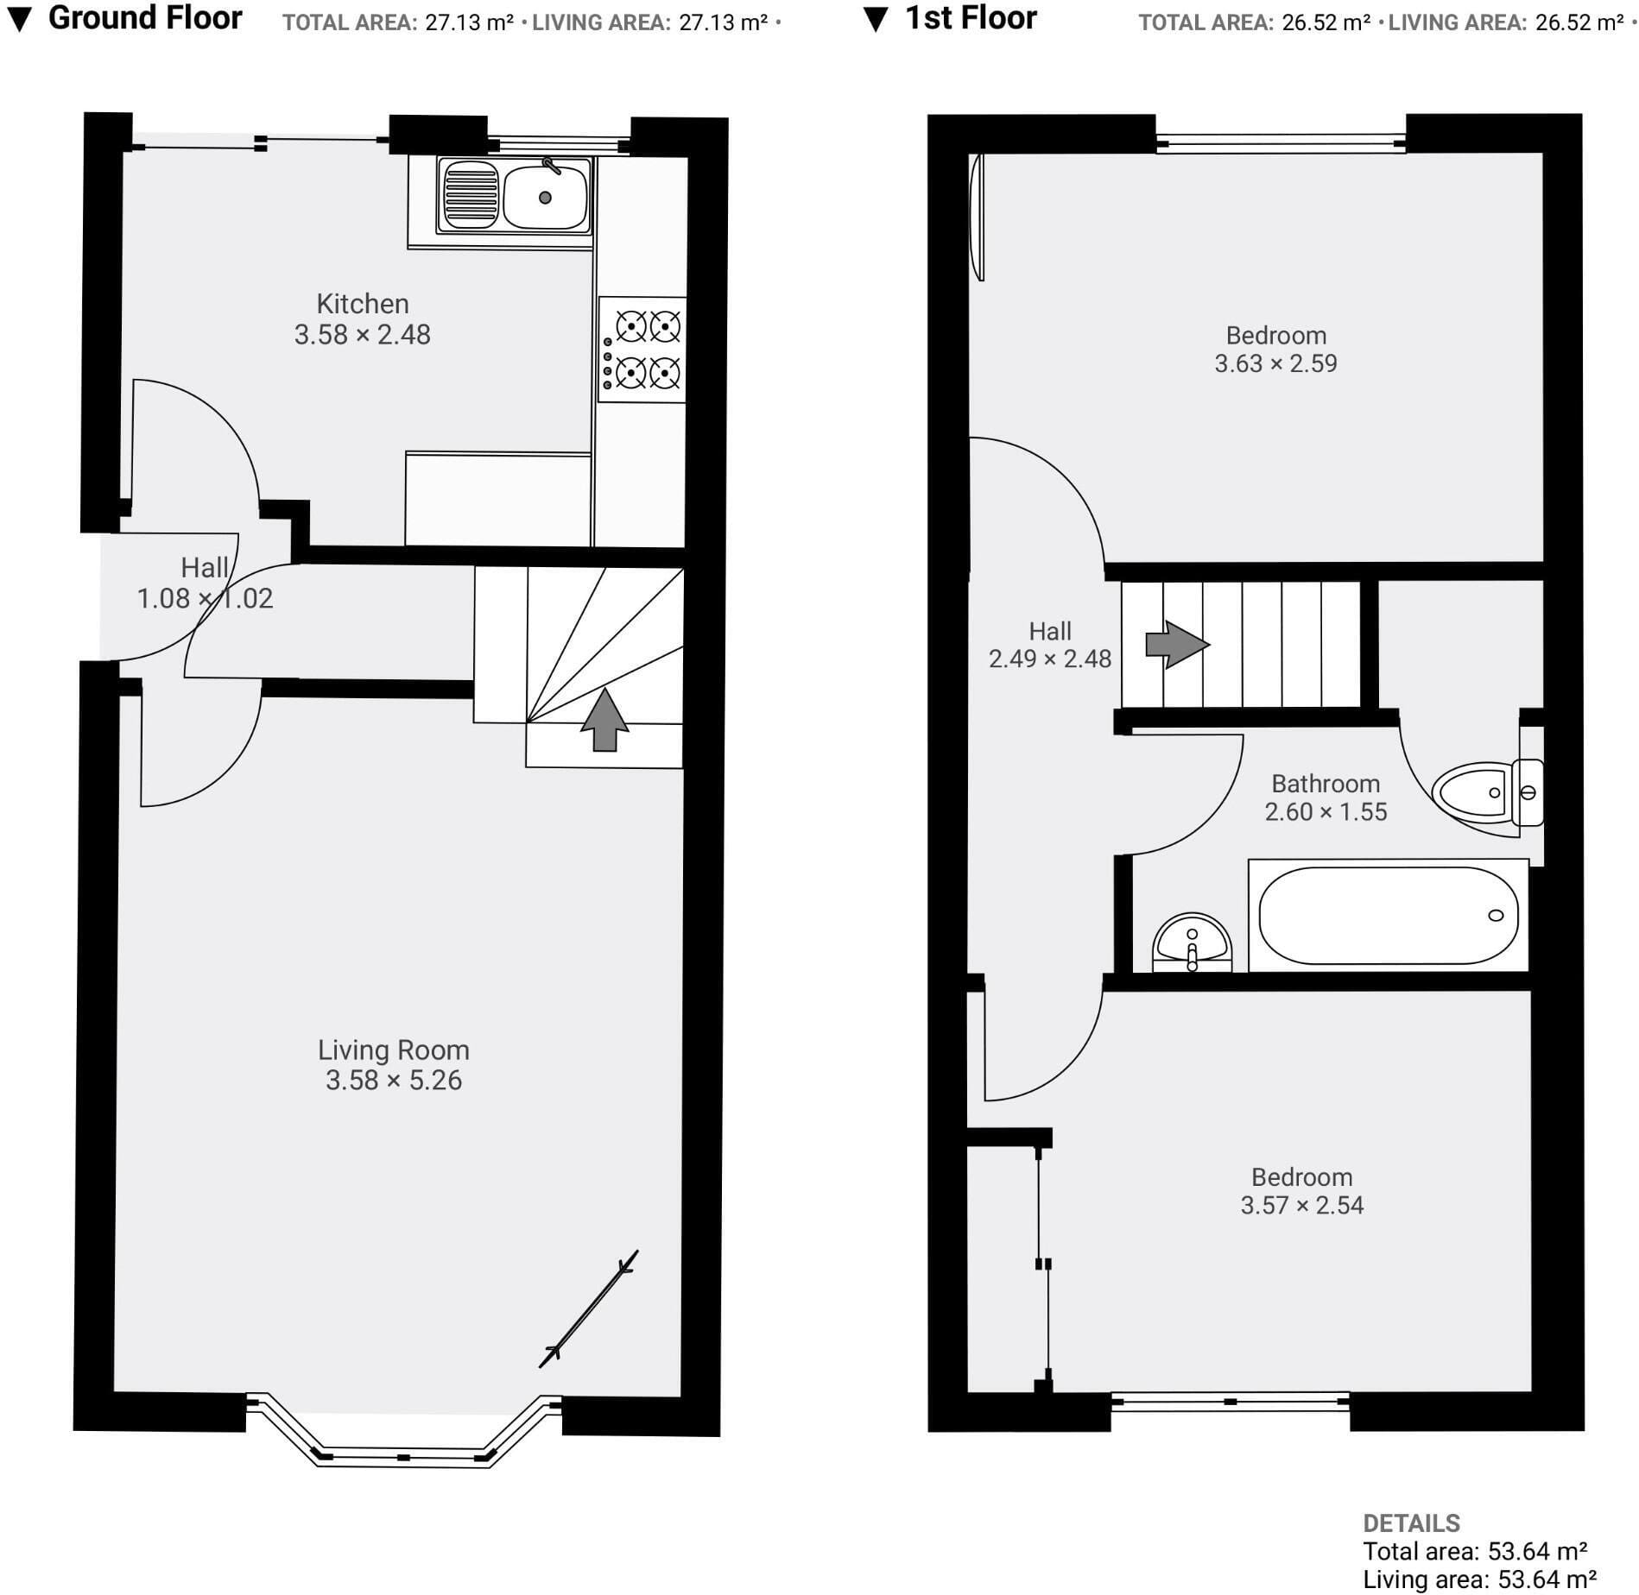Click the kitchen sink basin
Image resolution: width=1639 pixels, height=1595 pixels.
coord(545,196)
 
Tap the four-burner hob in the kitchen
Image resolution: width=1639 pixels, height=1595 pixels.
coord(642,350)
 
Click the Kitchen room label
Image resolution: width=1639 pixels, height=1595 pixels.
coord(363,304)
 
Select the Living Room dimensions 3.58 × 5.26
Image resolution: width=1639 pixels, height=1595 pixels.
coord(394,1081)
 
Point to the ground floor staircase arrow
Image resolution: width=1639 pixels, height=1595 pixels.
coord(604,720)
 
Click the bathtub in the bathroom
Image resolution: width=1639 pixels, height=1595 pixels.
coord(1389,915)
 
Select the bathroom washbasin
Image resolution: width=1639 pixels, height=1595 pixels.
coord(1192,942)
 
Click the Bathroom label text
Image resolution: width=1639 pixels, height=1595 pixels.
coord(1326,784)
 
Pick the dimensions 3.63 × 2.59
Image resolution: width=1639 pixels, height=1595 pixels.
coord(1275,363)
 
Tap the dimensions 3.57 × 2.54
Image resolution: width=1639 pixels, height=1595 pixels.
coord(1302,1205)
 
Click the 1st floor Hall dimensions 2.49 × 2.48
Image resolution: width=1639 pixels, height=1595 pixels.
coord(1050,659)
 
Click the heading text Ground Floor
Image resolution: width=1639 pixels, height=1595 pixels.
coord(145,17)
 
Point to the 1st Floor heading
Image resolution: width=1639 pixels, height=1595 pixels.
coord(971,18)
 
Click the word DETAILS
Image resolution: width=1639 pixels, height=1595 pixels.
coord(1412,1523)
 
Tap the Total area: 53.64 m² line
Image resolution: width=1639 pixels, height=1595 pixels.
coord(1475,1551)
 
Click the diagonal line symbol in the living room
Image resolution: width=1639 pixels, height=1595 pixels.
coord(589,1308)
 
